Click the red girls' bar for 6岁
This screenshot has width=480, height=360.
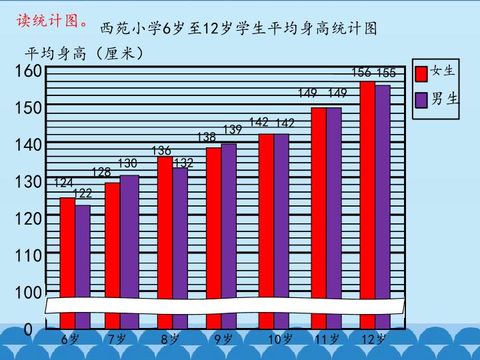click(x=67, y=247)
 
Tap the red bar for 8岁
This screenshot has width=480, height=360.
click(x=165, y=227)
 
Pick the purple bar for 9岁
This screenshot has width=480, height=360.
click(x=229, y=220)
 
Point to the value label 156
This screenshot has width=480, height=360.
click(x=361, y=72)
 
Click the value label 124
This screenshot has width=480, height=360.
click(x=63, y=182)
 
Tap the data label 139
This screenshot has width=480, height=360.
click(x=233, y=129)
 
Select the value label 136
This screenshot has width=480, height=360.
click(x=162, y=151)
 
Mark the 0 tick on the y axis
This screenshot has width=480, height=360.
click(x=29, y=329)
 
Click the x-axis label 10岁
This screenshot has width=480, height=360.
click(x=280, y=339)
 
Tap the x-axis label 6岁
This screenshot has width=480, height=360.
click(x=70, y=339)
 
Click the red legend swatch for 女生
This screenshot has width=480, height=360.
click(x=421, y=72)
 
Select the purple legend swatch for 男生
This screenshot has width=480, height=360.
click(x=421, y=99)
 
